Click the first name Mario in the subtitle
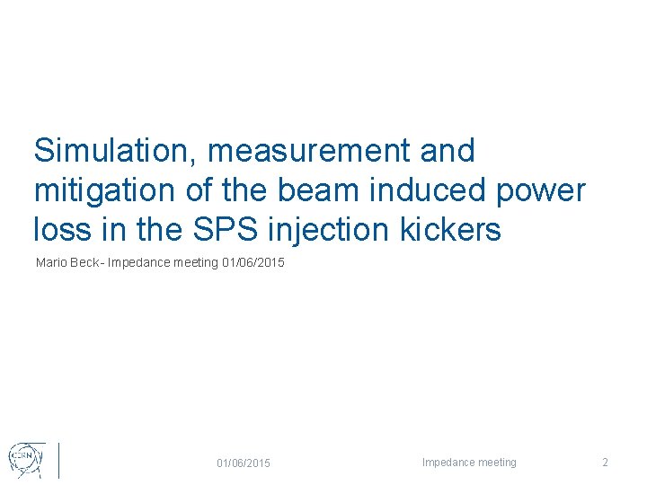point(50,263)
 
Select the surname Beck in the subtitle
point(86,263)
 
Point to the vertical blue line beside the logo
point(59,459)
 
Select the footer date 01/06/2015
point(243,463)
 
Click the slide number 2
point(605,463)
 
